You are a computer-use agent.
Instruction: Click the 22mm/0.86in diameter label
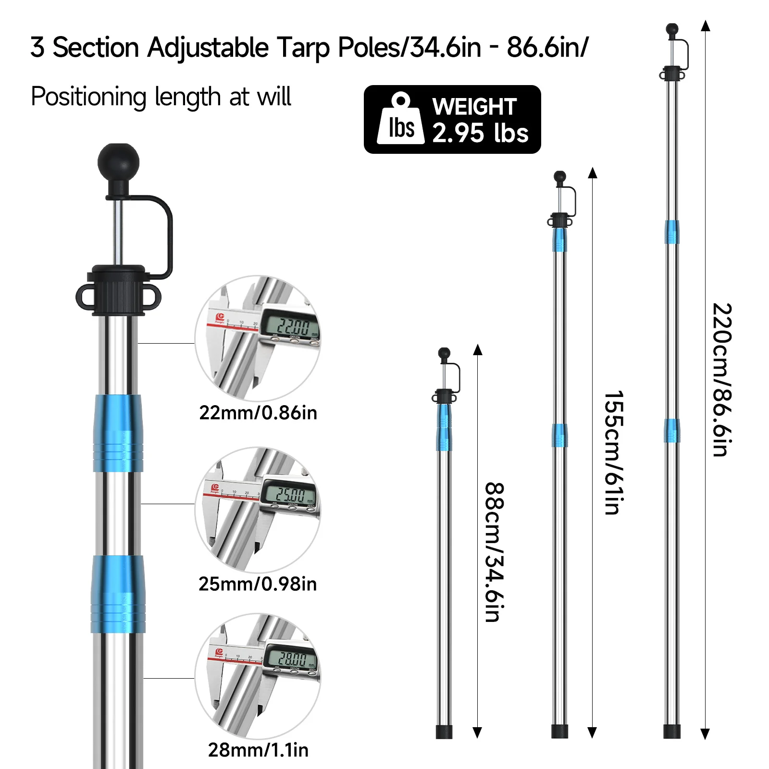258,413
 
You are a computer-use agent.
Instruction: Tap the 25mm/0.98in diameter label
258,584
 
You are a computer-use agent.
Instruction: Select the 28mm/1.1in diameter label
258,750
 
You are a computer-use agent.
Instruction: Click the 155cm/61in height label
614,452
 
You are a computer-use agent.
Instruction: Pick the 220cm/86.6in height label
722,379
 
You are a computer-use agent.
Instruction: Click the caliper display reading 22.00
290,327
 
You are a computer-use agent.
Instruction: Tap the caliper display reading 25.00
289,494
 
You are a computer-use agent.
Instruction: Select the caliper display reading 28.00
291,658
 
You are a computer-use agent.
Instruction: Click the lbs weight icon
401,119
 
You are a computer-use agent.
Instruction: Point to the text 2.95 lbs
480,133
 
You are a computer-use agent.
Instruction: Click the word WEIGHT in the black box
474,107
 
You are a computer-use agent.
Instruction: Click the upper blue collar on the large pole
118,433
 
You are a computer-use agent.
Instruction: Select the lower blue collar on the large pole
118,594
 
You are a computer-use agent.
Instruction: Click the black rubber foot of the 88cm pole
444,732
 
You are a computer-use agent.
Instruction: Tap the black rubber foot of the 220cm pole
671,731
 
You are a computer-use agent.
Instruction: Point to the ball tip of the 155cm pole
560,177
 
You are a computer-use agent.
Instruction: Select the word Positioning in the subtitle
88,97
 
